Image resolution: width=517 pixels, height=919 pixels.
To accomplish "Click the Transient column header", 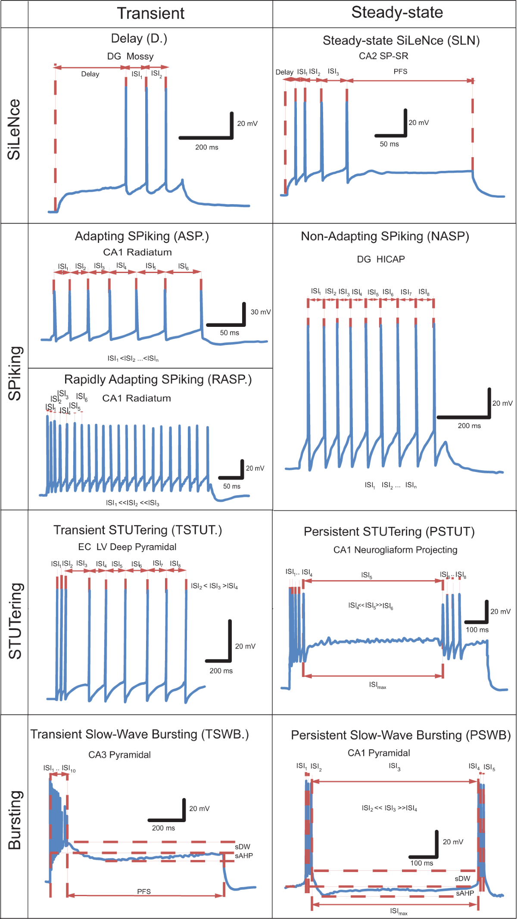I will click(151, 13).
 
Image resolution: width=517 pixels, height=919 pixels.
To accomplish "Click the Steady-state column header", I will click(397, 12).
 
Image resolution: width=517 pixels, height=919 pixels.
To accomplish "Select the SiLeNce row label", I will click(14, 130).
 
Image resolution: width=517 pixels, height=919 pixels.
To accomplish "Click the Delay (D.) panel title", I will click(139, 39).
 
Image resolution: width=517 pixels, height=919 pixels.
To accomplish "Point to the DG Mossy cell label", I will click(130, 56).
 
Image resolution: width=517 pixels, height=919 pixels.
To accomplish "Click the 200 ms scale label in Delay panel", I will click(207, 147).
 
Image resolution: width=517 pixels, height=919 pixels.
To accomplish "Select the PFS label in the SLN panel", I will click(400, 71).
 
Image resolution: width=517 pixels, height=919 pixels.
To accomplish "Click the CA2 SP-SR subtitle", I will click(383, 56).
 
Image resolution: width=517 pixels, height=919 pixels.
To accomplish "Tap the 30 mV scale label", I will click(261, 312).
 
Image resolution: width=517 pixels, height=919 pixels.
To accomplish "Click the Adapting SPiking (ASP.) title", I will click(142, 236).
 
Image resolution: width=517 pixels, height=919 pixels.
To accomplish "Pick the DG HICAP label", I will click(381, 259).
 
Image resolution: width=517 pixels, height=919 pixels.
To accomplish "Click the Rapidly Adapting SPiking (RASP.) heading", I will click(158, 379).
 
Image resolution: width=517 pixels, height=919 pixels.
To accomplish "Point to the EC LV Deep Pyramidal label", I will click(127, 547).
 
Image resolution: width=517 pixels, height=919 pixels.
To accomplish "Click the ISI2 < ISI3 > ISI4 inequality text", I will click(214, 586).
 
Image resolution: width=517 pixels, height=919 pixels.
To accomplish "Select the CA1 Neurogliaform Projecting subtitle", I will click(395, 550).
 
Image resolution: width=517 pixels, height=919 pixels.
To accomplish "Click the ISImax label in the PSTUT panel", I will click(377, 685).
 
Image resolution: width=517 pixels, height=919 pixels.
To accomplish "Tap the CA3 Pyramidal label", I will click(119, 755).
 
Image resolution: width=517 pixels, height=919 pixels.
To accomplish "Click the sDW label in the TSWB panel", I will click(243, 847).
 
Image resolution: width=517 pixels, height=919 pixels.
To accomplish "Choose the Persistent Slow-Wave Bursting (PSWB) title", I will click(401, 735).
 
